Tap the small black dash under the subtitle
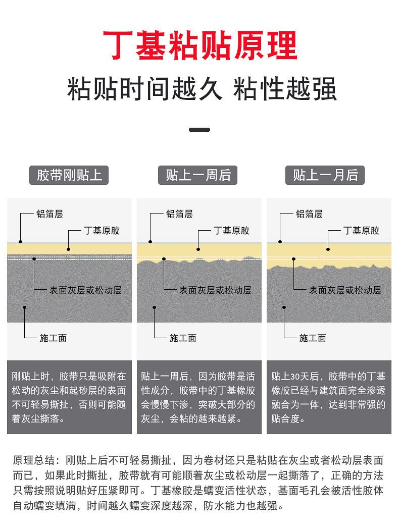199,130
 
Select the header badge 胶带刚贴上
69,175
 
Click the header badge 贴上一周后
198,175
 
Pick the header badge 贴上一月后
325,175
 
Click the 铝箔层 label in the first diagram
49,214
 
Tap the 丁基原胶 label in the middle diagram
231,231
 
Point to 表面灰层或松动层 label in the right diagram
345,290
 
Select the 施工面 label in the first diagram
53,338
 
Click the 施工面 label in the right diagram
313,338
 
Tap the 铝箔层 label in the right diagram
309,214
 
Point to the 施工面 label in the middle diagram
183,338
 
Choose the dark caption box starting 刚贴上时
69,397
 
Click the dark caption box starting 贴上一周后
199,397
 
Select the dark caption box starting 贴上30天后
329,397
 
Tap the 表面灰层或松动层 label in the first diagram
85,290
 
